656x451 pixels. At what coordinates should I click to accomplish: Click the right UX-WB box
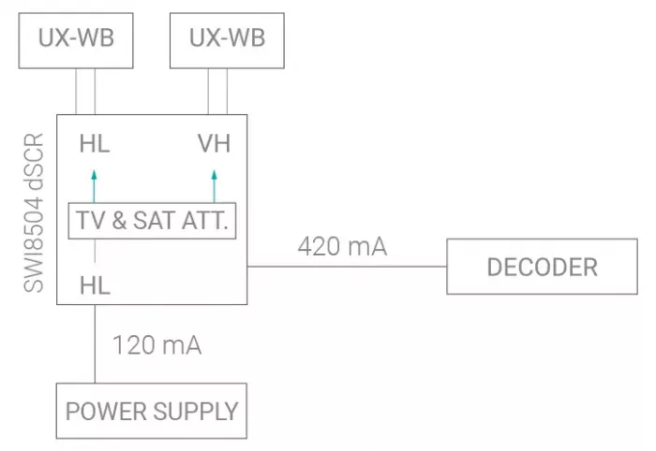click(x=227, y=38)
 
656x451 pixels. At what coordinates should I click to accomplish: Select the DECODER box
click(x=541, y=267)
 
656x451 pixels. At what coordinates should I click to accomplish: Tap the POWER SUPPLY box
click(x=151, y=410)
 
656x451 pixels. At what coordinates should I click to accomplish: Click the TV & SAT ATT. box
click(x=153, y=222)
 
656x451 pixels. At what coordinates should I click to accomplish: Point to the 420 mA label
click(x=342, y=247)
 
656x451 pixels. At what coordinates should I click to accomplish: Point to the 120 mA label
click(x=157, y=345)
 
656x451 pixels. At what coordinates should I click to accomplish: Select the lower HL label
click(x=95, y=285)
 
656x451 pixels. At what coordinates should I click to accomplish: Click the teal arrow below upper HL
click(x=95, y=184)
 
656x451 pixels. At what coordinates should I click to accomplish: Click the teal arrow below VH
click(x=214, y=184)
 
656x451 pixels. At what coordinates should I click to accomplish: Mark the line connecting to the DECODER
click(x=347, y=267)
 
